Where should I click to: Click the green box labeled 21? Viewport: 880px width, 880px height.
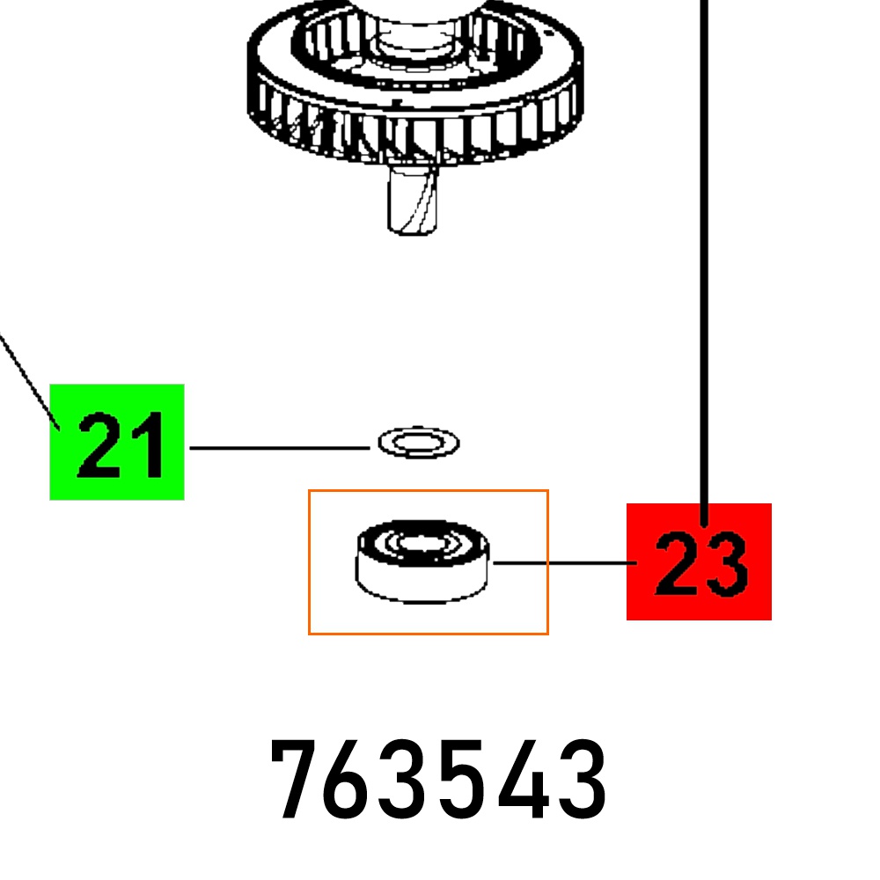(117, 442)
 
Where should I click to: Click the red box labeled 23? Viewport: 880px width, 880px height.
(699, 561)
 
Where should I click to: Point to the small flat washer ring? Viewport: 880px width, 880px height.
(419, 443)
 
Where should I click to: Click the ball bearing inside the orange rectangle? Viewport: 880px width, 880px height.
(422, 561)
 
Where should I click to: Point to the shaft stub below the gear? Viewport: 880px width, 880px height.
(413, 199)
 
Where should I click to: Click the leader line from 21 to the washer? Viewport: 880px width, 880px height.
(280, 448)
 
